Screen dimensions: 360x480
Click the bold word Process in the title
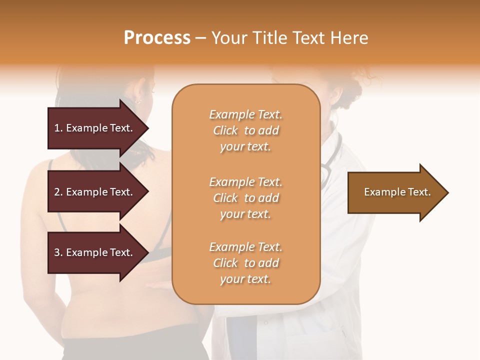point(157,38)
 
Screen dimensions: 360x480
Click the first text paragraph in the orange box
point(245,130)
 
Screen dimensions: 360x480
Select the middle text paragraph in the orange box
point(245,198)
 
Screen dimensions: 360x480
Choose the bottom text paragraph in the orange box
point(245,263)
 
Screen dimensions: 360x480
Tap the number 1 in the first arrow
point(56,128)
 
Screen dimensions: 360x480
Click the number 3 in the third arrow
point(56,252)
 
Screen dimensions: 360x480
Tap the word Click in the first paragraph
point(225,130)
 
